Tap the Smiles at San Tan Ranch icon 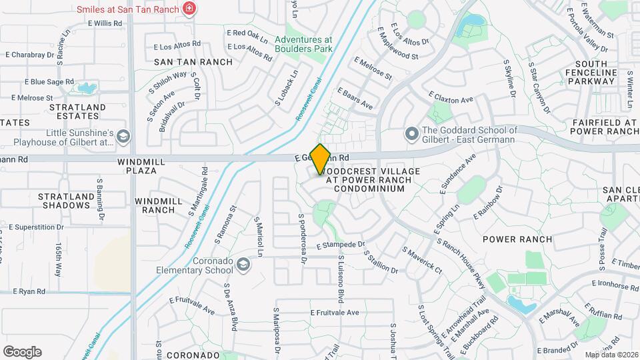coord(191,9)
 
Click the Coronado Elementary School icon coord(243,266)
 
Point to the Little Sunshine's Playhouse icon coord(122,137)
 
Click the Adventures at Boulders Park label coord(303,44)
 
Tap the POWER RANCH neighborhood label coord(517,239)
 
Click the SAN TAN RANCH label coord(193,62)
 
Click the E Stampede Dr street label coord(341,245)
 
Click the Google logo coord(22,351)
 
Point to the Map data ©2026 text coord(611,355)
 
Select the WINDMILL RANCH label coord(155,205)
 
